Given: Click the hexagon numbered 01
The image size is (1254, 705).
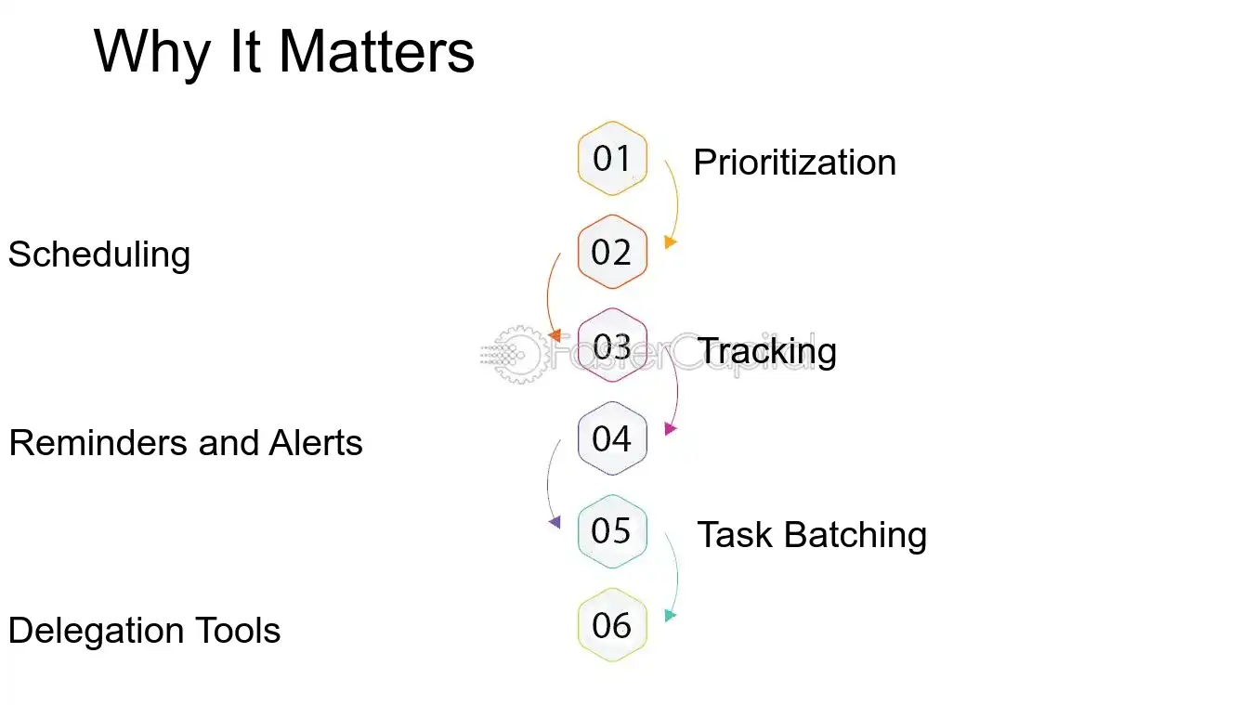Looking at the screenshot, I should [x=612, y=159].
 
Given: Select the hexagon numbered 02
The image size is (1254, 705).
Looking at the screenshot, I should [x=612, y=252].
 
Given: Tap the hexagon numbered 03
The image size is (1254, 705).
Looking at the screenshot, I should [x=612, y=346].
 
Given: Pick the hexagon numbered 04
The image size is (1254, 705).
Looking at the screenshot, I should [x=612, y=438].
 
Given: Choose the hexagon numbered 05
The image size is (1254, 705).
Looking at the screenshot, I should [x=612, y=531].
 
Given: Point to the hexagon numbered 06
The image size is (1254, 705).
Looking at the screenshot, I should [x=612, y=625].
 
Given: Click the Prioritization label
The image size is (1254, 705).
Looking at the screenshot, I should [x=794, y=163].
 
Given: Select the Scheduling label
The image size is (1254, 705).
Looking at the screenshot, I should [x=99, y=255].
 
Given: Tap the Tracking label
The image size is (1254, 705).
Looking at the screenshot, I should [x=767, y=351].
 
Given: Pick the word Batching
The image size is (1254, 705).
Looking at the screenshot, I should [x=855, y=535].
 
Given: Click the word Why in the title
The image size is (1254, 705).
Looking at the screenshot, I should [x=152, y=54].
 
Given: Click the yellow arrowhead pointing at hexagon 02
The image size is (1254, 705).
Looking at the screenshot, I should [x=671, y=242].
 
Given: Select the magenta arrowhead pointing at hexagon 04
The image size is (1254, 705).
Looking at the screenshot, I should [x=671, y=429].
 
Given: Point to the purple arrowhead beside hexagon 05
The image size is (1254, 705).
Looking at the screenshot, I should [x=555, y=523].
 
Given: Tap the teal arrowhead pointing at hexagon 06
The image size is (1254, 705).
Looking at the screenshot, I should [x=671, y=615].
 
